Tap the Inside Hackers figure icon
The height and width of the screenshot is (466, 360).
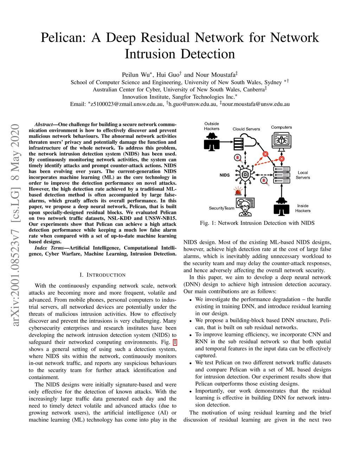click(281, 206)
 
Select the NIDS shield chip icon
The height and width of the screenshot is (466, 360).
click(245, 174)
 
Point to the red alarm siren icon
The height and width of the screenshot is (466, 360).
click(238, 191)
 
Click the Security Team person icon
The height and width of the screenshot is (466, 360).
click(245, 207)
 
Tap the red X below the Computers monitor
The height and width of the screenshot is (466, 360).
click(282, 159)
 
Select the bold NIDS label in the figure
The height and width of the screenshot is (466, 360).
click(225, 175)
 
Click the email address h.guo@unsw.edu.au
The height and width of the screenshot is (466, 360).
click(192, 104)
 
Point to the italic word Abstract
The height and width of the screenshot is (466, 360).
click(44, 125)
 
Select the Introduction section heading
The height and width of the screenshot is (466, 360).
click(102, 275)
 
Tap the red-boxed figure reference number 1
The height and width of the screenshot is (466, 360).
click(175, 342)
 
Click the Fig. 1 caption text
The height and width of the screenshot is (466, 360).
click(257, 223)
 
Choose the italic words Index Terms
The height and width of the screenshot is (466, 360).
click(49, 248)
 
